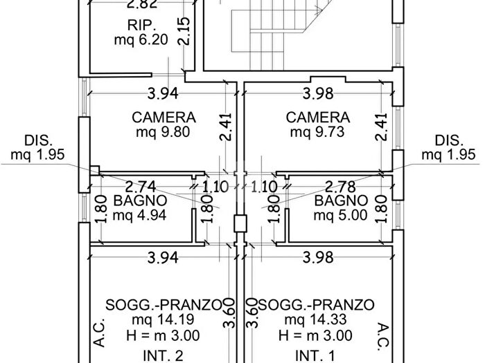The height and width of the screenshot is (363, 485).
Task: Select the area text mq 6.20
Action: point(141,40)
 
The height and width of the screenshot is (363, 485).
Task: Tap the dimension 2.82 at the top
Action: point(141,6)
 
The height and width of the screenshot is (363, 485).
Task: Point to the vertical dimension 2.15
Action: point(184,31)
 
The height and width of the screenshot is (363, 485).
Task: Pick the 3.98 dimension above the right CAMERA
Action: point(319,93)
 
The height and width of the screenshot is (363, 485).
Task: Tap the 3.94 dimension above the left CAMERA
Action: point(164,93)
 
